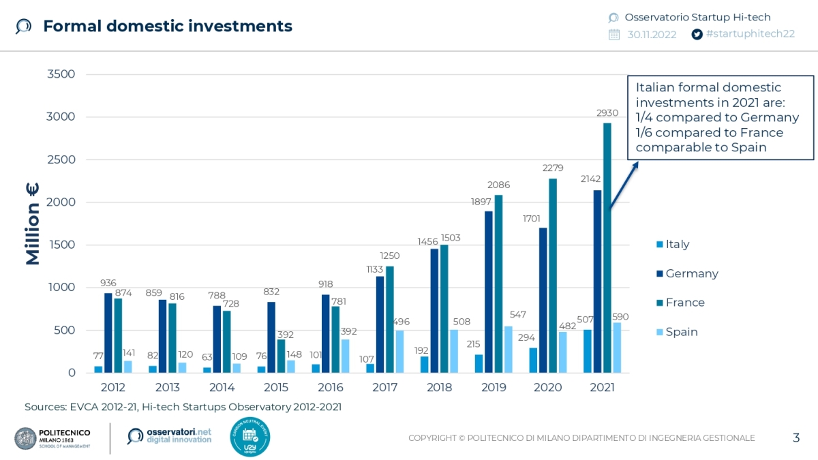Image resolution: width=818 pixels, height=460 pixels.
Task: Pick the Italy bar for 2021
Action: [588, 351]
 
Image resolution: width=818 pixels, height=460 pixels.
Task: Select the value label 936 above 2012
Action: [108, 283]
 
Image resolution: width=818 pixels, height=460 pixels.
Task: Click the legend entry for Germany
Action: [691, 273]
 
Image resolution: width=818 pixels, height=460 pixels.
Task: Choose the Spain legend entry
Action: [681, 332]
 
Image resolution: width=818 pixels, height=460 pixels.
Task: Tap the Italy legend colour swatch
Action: [658, 245]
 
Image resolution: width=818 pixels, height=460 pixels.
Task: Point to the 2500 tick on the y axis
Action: [61, 159]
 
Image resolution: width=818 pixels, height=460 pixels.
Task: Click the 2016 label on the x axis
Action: [330, 388]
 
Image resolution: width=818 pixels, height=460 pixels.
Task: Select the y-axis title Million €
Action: [33, 224]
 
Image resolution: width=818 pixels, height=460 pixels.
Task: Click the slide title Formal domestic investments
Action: [168, 27]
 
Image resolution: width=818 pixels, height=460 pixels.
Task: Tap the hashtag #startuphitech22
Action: [751, 34]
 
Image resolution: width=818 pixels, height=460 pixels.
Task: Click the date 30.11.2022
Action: [652, 34]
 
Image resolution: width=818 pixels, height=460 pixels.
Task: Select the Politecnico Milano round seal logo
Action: [25, 438]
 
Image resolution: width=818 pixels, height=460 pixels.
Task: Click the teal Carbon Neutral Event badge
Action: [250, 437]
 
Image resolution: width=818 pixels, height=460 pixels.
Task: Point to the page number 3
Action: [796, 438]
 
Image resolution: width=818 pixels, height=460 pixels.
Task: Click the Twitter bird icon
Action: [697, 34]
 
